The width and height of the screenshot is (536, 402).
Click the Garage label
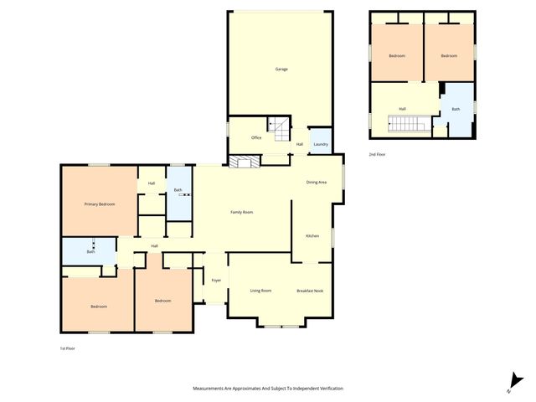click(x=281, y=69)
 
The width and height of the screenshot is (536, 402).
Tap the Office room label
click(x=256, y=137)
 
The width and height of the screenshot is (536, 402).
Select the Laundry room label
click(x=320, y=145)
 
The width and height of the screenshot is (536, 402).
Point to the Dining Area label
click(x=316, y=182)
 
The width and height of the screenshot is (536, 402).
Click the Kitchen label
click(x=312, y=235)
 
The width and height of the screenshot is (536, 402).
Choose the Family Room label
click(x=242, y=212)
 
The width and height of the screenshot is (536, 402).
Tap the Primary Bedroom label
click(x=99, y=204)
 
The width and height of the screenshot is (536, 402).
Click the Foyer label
click(x=216, y=280)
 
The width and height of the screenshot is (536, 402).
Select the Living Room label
click(x=260, y=291)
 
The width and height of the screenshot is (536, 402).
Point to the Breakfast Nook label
click(x=310, y=291)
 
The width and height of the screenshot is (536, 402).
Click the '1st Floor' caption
click(x=67, y=348)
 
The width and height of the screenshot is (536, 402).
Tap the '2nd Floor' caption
click(x=379, y=154)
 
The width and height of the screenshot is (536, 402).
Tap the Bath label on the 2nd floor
click(x=456, y=109)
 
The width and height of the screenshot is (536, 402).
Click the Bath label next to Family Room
click(x=178, y=190)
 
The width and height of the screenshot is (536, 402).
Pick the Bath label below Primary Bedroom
click(x=90, y=251)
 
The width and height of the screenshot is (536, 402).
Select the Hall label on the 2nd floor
click(x=402, y=109)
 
